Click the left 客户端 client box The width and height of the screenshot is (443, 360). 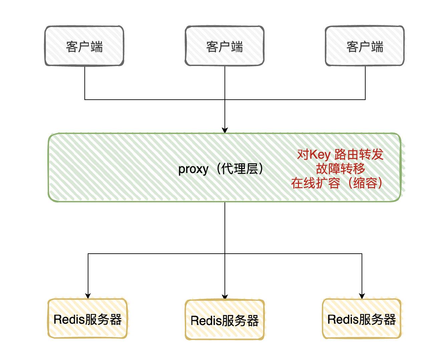click(84, 46)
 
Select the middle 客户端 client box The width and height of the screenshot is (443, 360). click(225, 46)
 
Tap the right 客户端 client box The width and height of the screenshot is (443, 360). click(365, 46)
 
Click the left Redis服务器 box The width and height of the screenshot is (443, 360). click(87, 319)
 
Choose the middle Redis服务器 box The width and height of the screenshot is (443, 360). click(225, 320)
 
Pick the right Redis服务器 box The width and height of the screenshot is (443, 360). click(362, 319)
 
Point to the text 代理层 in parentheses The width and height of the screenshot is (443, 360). click(240, 169)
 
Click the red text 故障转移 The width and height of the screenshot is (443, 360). click(340, 169)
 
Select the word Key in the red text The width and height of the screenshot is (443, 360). click(320, 155)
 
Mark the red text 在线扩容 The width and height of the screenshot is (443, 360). click(315, 183)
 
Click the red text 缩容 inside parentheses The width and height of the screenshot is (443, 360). click(365, 183)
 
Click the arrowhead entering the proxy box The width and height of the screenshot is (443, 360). click(225, 130)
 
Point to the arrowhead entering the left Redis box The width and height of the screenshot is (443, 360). click(88, 296)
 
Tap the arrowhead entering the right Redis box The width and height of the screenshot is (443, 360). click(362, 296)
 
